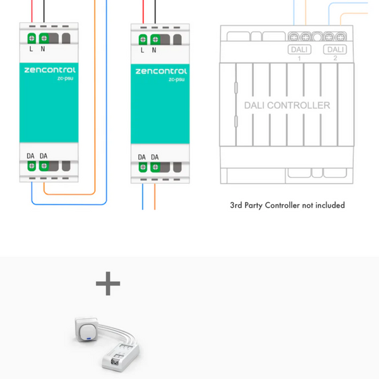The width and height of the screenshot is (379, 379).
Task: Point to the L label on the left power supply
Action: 31,49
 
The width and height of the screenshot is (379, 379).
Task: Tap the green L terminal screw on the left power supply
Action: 32,39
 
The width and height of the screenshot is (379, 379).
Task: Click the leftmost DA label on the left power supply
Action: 31,155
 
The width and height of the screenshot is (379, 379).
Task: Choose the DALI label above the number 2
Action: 336,49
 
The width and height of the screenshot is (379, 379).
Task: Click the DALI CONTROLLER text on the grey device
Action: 287,105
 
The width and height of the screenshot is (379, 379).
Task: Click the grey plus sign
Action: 108,285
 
